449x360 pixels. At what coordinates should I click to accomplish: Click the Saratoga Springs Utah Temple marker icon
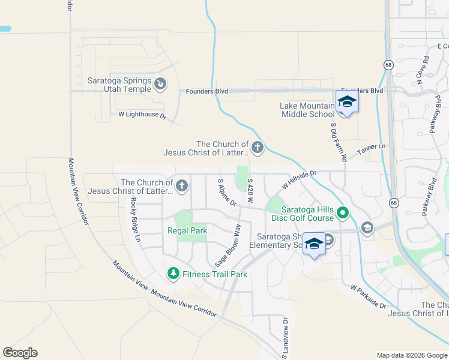(160, 85)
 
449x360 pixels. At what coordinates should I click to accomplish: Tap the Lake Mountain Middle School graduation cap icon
(347, 102)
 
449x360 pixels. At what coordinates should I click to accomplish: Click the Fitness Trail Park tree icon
(173, 274)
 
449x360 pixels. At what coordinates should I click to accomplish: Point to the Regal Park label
(187, 231)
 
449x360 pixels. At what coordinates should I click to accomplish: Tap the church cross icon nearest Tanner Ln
(258, 147)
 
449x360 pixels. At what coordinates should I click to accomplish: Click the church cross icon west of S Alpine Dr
(181, 185)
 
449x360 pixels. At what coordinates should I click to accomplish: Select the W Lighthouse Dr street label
(142, 115)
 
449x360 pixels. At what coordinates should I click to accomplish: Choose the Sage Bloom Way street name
(228, 245)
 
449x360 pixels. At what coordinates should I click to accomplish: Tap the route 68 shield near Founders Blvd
(388, 64)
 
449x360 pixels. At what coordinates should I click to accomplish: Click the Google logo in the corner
(20, 353)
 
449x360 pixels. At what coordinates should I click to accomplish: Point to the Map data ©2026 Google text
(411, 355)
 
